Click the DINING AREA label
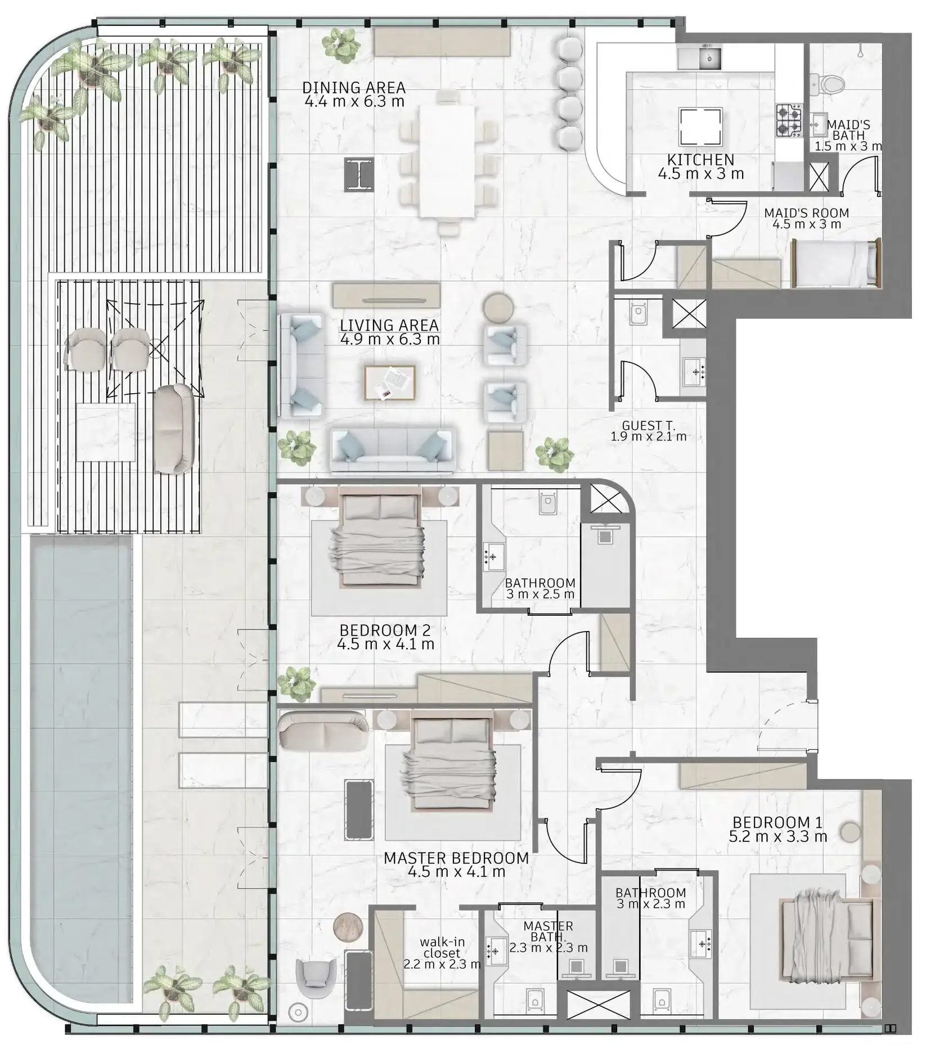[354, 88]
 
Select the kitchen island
[701, 126]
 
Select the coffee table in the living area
[390, 383]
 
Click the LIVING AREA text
[389, 325]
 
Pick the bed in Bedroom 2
[380, 538]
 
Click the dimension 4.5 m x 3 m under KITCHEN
[701, 174]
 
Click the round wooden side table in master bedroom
[348, 927]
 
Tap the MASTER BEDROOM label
[456, 858]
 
